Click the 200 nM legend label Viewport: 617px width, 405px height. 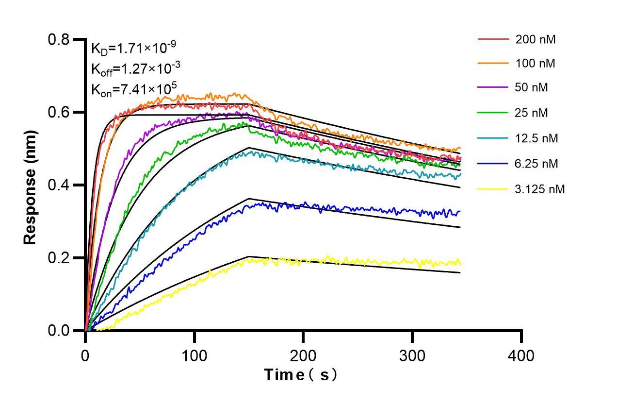click(536, 40)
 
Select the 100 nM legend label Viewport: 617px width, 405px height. click(536, 64)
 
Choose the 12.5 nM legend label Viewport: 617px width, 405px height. click(537, 138)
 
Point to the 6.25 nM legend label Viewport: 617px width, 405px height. click(537, 164)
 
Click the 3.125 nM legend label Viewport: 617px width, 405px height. click(540, 189)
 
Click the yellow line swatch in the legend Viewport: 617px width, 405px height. click(493, 189)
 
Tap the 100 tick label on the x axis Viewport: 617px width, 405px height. click(194, 356)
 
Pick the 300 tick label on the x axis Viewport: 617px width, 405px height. click(412, 356)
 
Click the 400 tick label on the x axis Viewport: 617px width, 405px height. click(521, 356)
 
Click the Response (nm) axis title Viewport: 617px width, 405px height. click(31, 185)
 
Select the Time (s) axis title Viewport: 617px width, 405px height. click(300, 375)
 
